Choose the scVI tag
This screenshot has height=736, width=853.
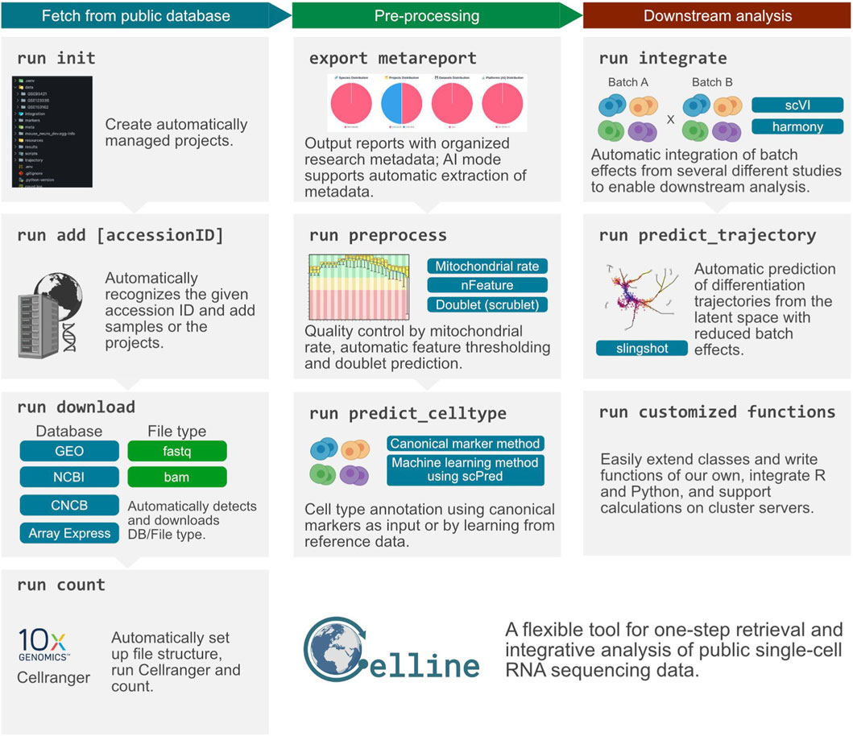(x=797, y=105)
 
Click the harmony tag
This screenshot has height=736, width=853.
(x=797, y=126)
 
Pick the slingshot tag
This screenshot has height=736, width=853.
(x=643, y=348)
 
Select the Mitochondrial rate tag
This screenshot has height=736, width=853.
(x=487, y=266)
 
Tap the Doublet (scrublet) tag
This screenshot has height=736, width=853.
(x=487, y=305)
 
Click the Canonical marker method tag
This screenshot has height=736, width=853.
(x=466, y=443)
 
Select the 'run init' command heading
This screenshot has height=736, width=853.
(x=56, y=58)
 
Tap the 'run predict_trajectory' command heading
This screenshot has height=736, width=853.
(x=707, y=236)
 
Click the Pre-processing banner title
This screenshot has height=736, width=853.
(x=437, y=15)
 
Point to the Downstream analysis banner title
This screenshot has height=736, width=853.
(x=718, y=15)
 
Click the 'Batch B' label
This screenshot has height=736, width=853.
(x=706, y=82)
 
